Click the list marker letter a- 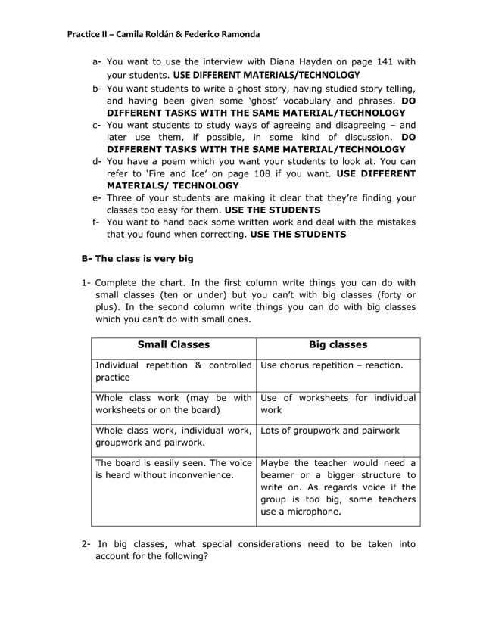pyautogui.click(x=97, y=62)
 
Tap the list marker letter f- pyautogui.click(x=97, y=222)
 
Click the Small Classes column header pyautogui.click(x=173, y=345)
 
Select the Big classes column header pyautogui.click(x=338, y=345)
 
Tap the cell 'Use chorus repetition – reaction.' pyautogui.click(x=331, y=366)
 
